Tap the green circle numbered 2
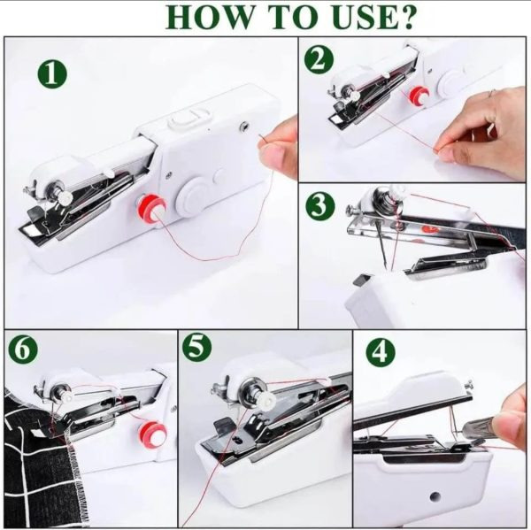point(319,60)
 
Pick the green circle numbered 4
point(381,352)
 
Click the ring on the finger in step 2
point(492,91)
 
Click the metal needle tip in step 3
point(385,263)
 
